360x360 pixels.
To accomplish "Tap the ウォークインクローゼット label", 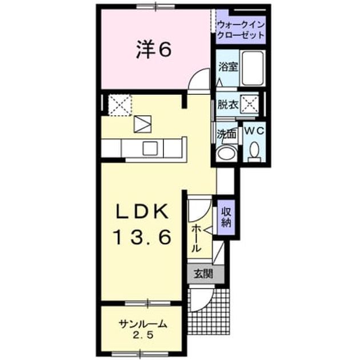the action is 241,30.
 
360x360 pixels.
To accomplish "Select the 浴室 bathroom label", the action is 228,67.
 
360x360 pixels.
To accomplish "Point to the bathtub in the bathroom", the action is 253,68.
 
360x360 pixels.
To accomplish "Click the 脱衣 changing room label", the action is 227,105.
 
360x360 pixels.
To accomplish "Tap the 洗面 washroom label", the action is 227,134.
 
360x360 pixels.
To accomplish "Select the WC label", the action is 254,131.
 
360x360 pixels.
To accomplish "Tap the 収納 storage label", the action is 226,217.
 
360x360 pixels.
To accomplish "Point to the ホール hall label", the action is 196,238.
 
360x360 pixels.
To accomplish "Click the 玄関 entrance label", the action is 203,274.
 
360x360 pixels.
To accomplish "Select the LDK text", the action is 142,211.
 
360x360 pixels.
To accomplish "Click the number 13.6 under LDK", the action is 142,237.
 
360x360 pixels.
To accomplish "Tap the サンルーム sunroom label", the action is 143,325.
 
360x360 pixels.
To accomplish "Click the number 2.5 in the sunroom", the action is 142,335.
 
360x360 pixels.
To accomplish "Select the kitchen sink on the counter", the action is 150,149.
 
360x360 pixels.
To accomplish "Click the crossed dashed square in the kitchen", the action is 120,105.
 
